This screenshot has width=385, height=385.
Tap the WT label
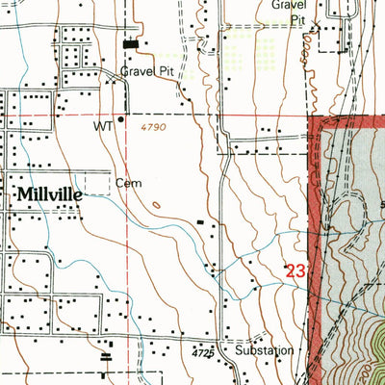[103, 124]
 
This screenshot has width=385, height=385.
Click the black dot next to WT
[120, 120]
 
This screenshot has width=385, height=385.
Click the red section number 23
[295, 272]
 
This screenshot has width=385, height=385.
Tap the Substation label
[264, 351]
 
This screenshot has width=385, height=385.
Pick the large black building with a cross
[131, 43]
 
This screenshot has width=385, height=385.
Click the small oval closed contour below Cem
[155, 203]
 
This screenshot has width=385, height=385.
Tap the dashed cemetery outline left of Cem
[96, 183]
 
